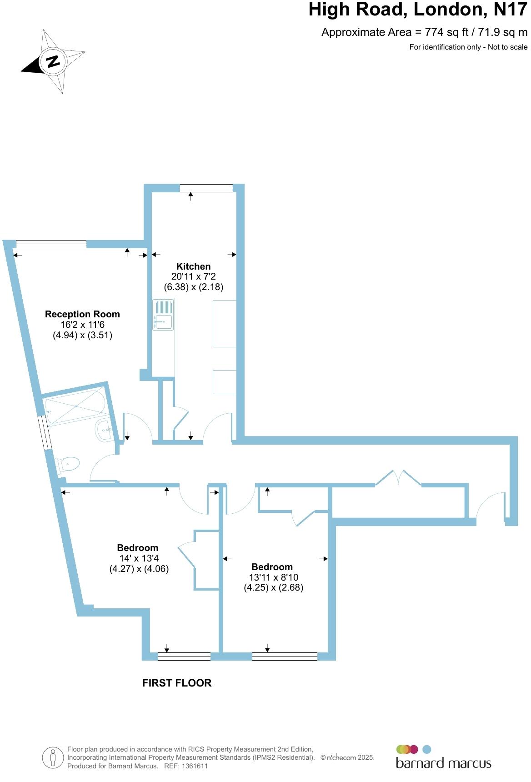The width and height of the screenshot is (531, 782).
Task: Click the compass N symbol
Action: click(x=53, y=61)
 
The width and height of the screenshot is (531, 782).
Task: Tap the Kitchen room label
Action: click(x=193, y=266)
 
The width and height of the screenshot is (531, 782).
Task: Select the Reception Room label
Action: click(x=82, y=314)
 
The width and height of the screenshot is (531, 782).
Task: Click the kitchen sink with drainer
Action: click(x=163, y=314)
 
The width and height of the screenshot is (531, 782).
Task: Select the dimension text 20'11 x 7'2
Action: click(x=193, y=276)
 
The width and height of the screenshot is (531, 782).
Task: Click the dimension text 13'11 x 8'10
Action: click(x=273, y=577)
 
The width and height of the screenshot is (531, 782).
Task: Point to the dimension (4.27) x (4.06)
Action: click(x=139, y=569)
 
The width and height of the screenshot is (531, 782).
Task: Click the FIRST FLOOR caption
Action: click(x=176, y=683)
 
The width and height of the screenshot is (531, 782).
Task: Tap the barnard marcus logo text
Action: click(x=443, y=763)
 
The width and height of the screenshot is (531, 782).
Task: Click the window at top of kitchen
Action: click(x=206, y=188)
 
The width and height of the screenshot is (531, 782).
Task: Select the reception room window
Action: click(x=51, y=244)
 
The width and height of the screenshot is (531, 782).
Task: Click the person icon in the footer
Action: click(x=53, y=758)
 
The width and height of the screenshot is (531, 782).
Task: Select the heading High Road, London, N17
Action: click(x=417, y=10)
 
